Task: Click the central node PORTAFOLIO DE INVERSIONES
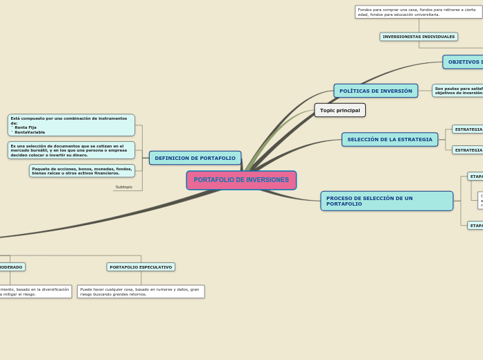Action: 241,180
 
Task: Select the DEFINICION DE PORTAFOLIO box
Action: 195,158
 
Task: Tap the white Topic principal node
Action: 340,110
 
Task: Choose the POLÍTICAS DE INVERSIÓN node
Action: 376,91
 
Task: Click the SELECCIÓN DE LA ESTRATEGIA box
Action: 389,139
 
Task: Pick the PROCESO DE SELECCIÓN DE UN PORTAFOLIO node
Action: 386,201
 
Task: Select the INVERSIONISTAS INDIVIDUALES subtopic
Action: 419,37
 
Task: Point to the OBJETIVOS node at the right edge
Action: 464,62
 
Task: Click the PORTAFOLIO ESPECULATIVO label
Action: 141,267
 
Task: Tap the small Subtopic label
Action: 124,187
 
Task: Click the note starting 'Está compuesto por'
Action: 71,125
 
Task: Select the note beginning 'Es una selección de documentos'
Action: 71,150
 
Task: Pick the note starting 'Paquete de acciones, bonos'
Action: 82,170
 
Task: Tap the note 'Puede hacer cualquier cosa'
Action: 141,291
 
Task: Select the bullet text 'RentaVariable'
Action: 30,132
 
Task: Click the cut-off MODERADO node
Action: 11,267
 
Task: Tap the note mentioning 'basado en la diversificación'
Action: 35,291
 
